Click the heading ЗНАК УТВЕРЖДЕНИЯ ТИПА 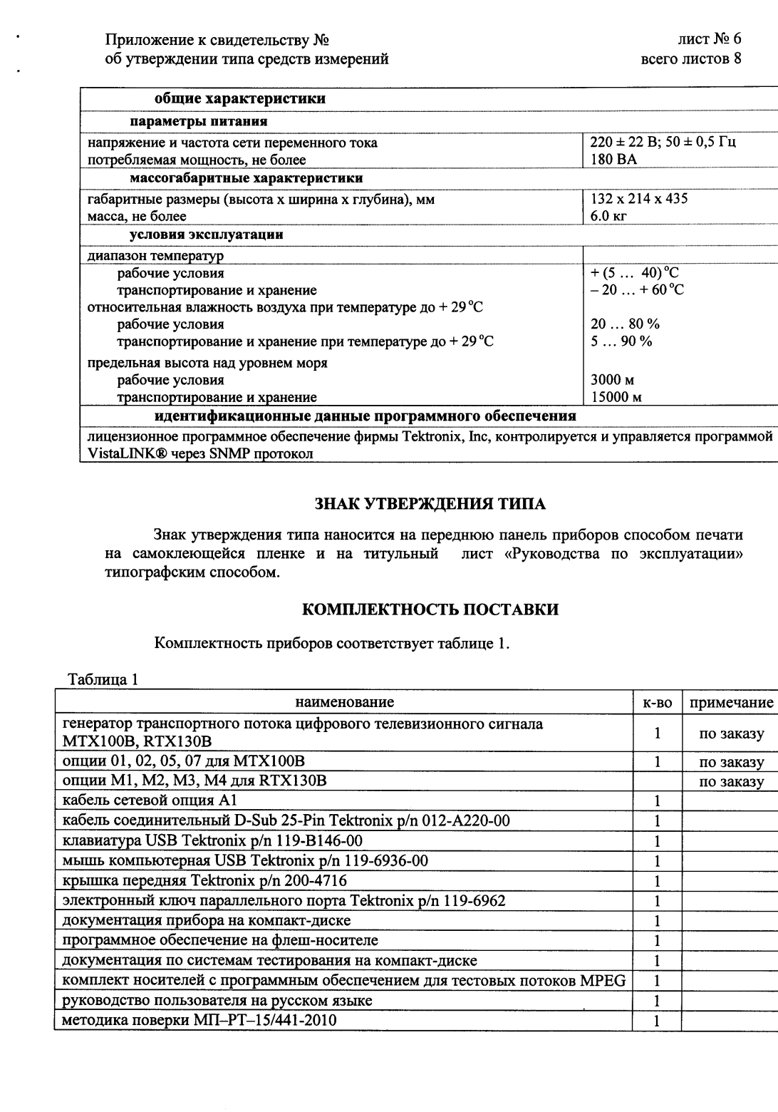pyautogui.click(x=430, y=505)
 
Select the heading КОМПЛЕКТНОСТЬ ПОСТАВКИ pyautogui.click(x=430, y=609)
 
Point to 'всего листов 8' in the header pyautogui.click(x=691, y=59)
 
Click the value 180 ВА pyautogui.click(x=613, y=160)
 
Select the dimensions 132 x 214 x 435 pyautogui.click(x=639, y=199)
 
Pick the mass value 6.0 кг pyautogui.click(x=608, y=216)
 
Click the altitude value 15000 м pyautogui.click(x=616, y=397)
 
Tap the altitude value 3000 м pyautogui.click(x=613, y=380)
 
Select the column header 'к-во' pyautogui.click(x=657, y=702)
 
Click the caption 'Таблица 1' pyautogui.click(x=103, y=679)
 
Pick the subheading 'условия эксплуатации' pyautogui.click(x=206, y=235)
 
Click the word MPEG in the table pyautogui.click(x=603, y=981)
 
